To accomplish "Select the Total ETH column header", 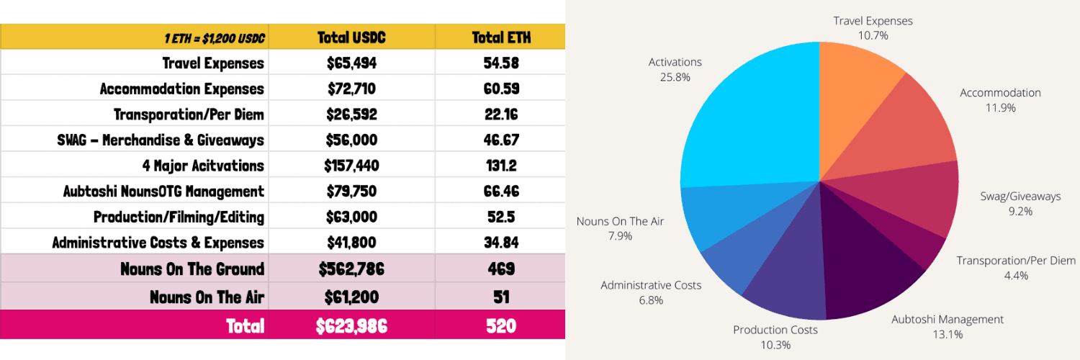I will [x=501, y=37].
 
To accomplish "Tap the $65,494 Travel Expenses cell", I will [x=351, y=63].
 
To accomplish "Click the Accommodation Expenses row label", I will [x=182, y=89].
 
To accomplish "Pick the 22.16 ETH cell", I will [x=501, y=114].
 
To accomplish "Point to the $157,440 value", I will [x=351, y=166].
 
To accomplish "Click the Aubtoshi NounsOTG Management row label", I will [x=163, y=192].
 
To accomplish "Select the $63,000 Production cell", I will [x=351, y=217].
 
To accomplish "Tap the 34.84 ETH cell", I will [x=501, y=243].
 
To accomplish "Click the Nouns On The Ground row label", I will [x=192, y=269].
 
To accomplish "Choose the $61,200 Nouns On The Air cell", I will [x=351, y=296].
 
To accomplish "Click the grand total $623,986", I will [x=351, y=326].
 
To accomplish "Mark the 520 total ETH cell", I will [x=501, y=326].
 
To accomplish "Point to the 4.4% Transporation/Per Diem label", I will [x=1017, y=267].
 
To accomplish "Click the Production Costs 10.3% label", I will [x=775, y=337].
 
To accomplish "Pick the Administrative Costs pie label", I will [x=651, y=292].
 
